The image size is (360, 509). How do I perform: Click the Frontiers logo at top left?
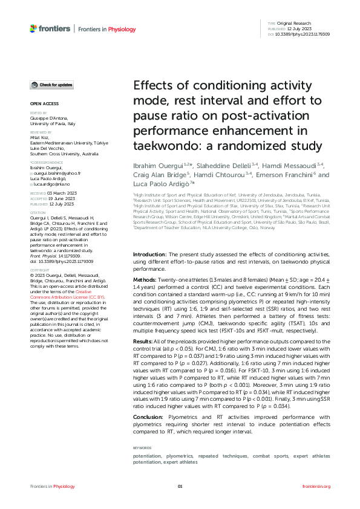[x=50, y=28]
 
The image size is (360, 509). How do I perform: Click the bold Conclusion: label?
[x=148, y=417]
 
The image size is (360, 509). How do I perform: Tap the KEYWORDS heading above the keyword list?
[x=142, y=448]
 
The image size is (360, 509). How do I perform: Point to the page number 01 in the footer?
[x=180, y=486]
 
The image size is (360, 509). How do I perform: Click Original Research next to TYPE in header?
[x=297, y=23]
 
